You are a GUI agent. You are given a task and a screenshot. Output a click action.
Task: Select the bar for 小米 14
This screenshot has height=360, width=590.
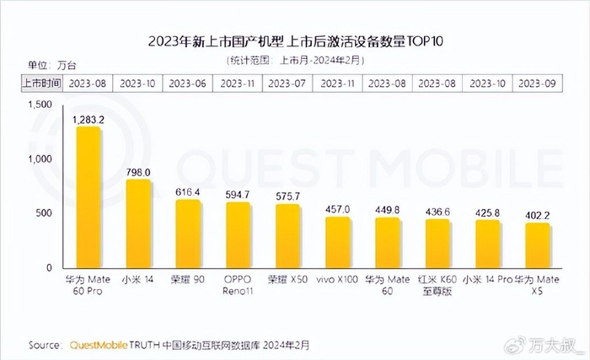[x=138, y=224]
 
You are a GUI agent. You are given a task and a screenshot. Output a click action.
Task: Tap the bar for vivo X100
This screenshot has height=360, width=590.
[x=337, y=243]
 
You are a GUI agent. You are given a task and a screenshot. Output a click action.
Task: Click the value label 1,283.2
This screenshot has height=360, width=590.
[x=88, y=120]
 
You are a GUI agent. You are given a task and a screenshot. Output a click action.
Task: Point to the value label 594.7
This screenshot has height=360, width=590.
[x=238, y=195]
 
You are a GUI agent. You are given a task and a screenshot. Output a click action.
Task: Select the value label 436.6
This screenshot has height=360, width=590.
[x=437, y=212]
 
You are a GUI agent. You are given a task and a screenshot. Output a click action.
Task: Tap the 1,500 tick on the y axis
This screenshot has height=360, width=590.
[x=40, y=105]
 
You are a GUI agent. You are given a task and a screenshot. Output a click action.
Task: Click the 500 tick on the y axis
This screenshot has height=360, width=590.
[x=46, y=213]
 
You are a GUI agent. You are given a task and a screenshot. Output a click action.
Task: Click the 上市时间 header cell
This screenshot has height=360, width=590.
[x=40, y=83]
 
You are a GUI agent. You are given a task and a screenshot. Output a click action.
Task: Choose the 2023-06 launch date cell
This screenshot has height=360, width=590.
[x=188, y=83]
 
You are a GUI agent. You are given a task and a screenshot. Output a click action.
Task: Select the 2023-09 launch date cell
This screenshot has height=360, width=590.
[x=536, y=83]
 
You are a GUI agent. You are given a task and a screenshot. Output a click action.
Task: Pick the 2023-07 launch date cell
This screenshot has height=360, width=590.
[x=287, y=83]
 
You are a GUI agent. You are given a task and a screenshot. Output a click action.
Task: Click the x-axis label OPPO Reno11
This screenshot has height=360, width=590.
[x=238, y=285]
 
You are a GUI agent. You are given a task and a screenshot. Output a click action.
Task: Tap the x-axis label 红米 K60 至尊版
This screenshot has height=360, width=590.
[x=437, y=285]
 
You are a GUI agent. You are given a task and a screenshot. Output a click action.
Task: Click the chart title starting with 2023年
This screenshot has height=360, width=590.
[x=295, y=42]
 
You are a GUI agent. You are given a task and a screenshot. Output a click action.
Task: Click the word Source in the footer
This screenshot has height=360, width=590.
[x=44, y=345]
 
